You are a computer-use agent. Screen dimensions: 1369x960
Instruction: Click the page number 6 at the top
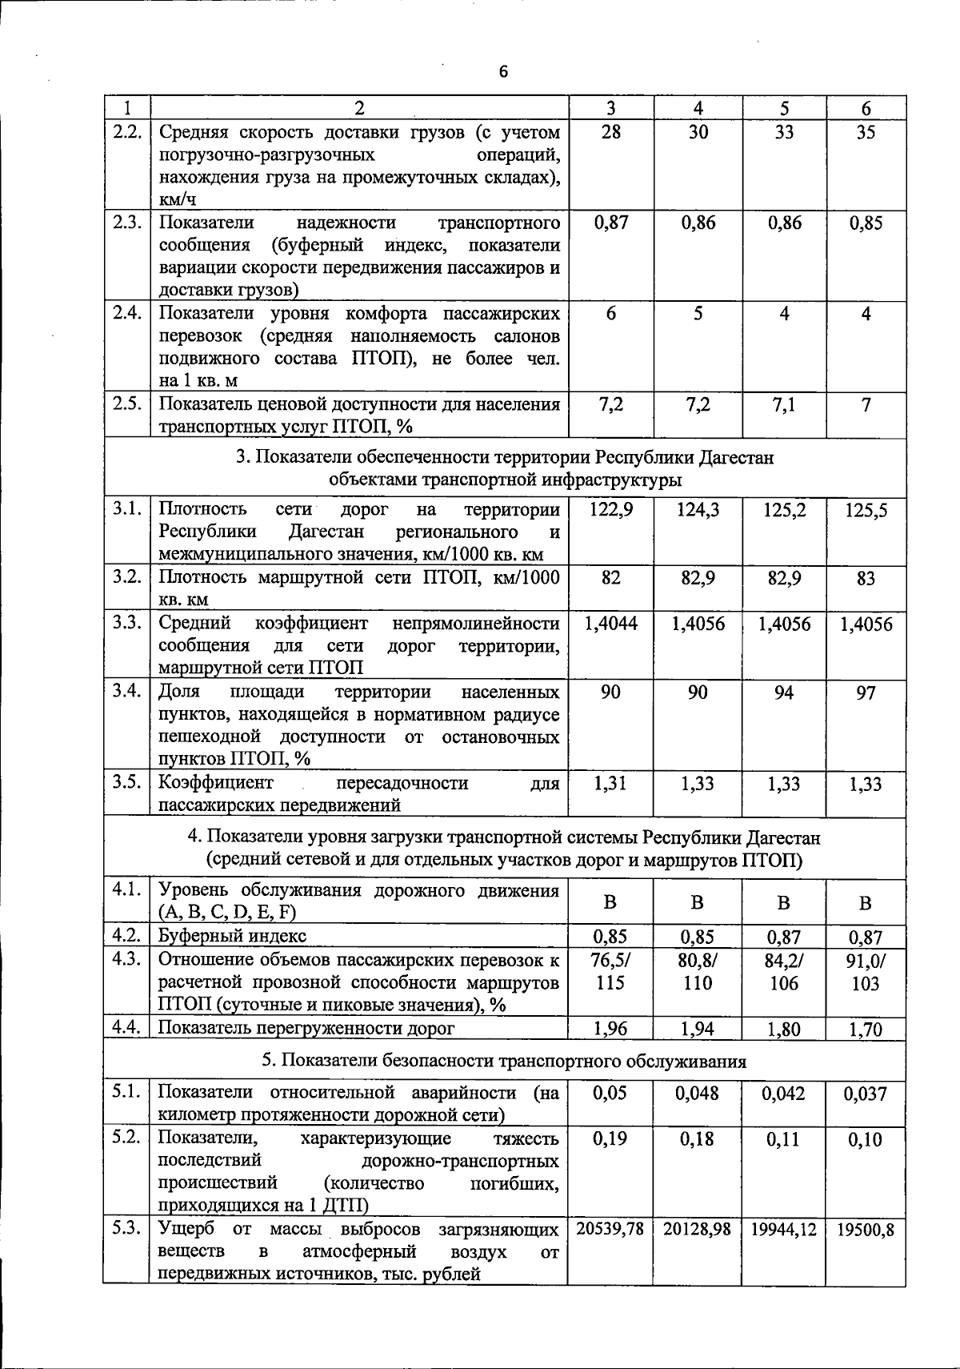[x=502, y=72]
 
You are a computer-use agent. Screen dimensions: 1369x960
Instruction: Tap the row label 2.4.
[x=127, y=313]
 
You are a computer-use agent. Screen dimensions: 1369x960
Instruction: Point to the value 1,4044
[x=610, y=624]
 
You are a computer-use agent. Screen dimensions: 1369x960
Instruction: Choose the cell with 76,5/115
[x=610, y=972]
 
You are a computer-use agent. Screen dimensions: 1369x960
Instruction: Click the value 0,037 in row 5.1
[x=866, y=1094]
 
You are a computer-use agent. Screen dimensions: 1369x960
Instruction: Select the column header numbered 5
[x=784, y=109]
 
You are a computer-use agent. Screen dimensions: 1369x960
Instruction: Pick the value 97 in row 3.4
[x=866, y=693]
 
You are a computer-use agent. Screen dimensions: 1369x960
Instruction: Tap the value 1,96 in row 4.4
[x=610, y=1029]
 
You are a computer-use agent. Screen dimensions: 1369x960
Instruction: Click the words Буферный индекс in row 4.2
[x=232, y=936]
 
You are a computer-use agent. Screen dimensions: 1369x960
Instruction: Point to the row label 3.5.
[x=127, y=782]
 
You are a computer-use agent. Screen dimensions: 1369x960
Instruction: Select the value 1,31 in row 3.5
[x=610, y=784]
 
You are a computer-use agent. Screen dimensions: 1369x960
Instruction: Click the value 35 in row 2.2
[x=866, y=132]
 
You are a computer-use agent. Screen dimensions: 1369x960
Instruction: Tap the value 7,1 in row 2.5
[x=784, y=405]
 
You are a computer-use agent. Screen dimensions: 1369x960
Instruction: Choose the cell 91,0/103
[x=866, y=972]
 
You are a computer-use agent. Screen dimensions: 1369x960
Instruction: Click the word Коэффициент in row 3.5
[x=216, y=782]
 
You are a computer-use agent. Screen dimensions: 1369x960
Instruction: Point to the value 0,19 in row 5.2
[x=610, y=1139]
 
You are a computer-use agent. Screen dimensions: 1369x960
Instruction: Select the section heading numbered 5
[x=504, y=1062]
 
